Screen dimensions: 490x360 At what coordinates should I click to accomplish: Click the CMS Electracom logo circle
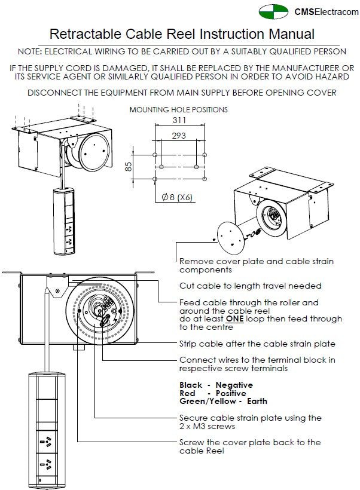click(x=272, y=12)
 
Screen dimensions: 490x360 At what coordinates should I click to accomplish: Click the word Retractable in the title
click(x=81, y=34)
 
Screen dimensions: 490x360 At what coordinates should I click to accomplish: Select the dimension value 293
click(x=178, y=136)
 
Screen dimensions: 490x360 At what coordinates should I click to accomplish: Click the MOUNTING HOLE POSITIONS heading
click(x=178, y=109)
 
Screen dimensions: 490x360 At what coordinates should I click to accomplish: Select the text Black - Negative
click(x=216, y=385)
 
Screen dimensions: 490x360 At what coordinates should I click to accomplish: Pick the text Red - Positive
click(x=212, y=394)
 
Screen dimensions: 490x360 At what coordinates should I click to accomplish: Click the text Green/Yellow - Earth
click(x=223, y=402)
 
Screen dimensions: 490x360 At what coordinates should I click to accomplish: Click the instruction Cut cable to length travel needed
click(x=250, y=286)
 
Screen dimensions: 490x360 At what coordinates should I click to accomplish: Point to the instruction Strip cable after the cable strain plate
click(x=257, y=344)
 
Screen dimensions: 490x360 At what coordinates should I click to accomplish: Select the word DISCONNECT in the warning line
click(x=56, y=93)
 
